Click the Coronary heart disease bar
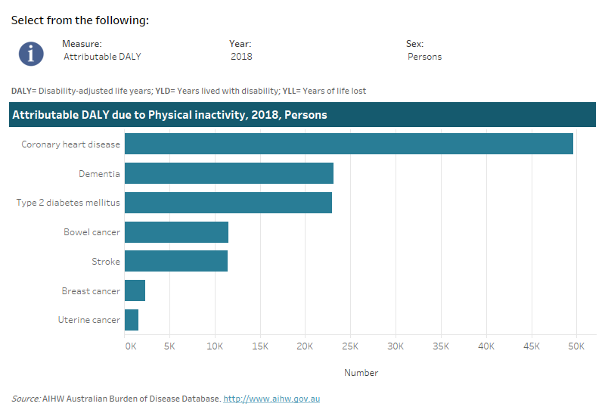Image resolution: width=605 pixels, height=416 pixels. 349,144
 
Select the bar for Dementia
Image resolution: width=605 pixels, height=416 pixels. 229,173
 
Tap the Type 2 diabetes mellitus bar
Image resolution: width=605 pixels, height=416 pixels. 228,203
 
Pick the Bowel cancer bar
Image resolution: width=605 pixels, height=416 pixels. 176,232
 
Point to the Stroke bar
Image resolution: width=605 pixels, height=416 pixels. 176,261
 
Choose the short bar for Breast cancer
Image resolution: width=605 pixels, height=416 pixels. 135,290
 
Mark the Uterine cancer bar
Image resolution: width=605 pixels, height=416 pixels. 132,320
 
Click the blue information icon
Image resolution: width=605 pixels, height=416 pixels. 31,52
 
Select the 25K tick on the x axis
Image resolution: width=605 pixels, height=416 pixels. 350,346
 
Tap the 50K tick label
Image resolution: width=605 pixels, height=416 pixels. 576,346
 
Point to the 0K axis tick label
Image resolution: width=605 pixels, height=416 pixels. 131,346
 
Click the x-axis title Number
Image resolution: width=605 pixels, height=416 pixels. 361,373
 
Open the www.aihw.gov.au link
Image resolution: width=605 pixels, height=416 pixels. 271,399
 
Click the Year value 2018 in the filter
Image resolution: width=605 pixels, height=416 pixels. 241,57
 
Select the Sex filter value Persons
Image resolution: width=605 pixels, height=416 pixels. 424,57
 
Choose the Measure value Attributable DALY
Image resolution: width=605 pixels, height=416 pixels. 102,57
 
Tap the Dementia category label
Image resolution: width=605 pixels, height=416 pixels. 99,174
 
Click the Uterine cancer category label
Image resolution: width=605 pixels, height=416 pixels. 89,320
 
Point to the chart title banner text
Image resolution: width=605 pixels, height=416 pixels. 169,115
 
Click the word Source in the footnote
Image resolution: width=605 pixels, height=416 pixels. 26,399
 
